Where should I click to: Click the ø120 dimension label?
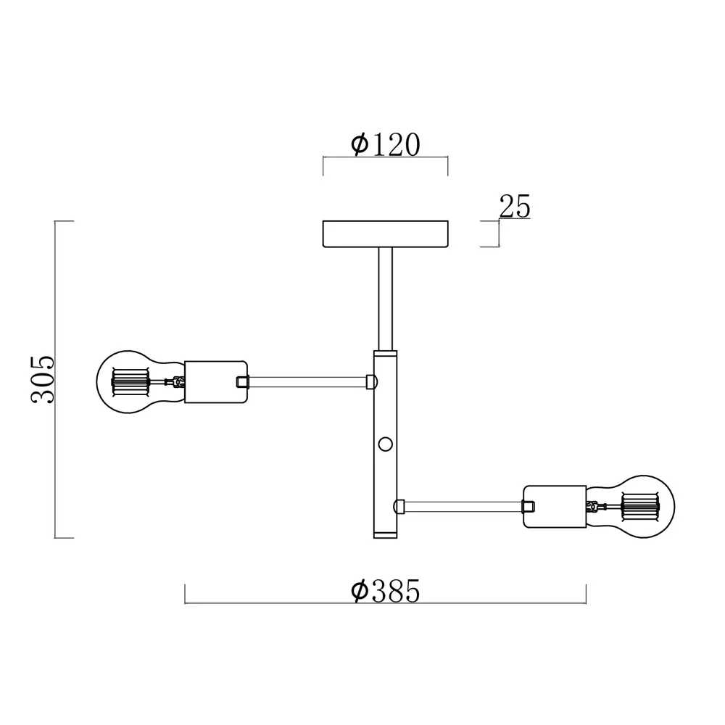386,144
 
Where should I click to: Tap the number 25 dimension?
515,206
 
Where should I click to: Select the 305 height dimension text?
43,380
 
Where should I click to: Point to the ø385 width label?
386,590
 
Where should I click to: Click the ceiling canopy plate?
385,234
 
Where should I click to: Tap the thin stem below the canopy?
385,299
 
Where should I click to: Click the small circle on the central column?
385,444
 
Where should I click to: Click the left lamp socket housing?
215,382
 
